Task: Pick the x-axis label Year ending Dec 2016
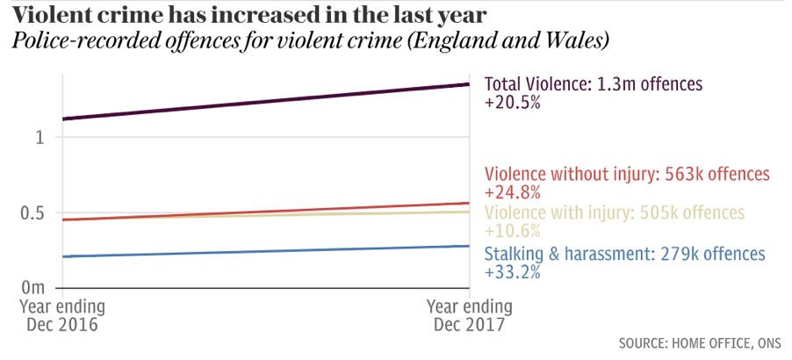click(x=62, y=316)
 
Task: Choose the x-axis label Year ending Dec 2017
click(x=469, y=316)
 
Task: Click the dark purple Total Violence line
click(x=263, y=102)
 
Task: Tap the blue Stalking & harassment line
click(x=263, y=251)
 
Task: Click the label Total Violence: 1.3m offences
click(x=594, y=84)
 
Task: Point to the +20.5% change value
click(x=512, y=102)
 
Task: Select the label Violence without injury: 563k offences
click(x=627, y=174)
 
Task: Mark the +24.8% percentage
click(x=512, y=191)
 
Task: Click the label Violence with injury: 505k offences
click(x=614, y=213)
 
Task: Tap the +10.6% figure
click(x=512, y=231)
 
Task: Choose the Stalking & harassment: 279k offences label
click(x=624, y=255)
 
